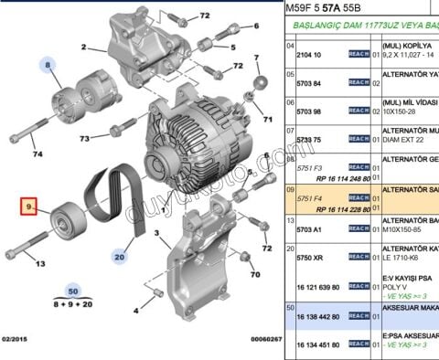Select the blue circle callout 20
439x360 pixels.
(x=119, y=259)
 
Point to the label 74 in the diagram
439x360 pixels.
(x=38, y=154)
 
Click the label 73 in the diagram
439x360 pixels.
(x=83, y=139)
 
